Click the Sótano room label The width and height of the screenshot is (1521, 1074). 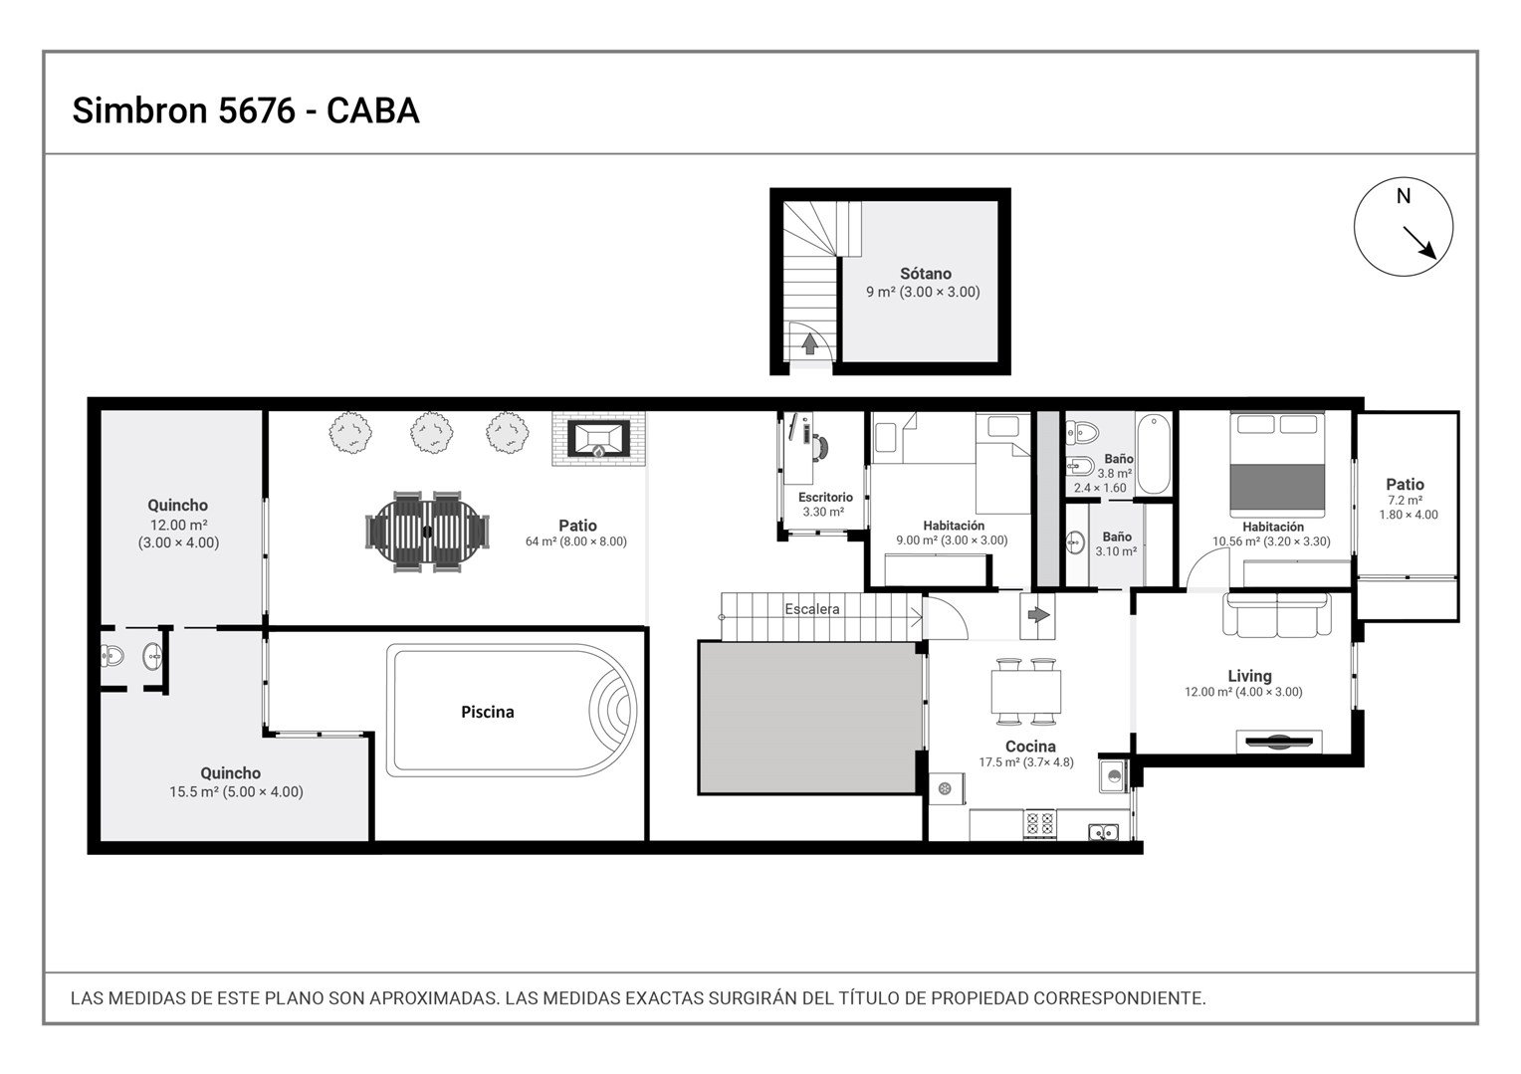(925, 274)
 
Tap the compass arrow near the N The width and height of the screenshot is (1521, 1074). (1419, 243)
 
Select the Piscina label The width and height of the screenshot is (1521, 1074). (488, 712)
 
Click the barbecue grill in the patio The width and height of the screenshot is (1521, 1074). (598, 439)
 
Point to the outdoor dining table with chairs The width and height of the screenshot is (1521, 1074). (427, 532)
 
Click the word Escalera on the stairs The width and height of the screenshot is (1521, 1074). (812, 609)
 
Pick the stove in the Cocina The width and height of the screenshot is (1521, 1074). (1039, 824)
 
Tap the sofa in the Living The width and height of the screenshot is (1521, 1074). (1277, 615)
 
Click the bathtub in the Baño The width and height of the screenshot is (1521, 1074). (1154, 454)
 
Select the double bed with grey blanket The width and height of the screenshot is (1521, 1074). (1277, 463)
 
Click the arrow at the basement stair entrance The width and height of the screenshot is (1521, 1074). (809, 344)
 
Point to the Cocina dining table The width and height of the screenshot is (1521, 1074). (1026, 691)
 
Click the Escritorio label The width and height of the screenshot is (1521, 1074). (825, 497)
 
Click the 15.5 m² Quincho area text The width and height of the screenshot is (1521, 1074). (236, 791)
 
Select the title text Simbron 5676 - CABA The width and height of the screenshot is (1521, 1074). (246, 110)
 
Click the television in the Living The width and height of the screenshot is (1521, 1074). (1278, 742)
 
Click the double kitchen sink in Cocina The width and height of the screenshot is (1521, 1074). (1104, 832)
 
